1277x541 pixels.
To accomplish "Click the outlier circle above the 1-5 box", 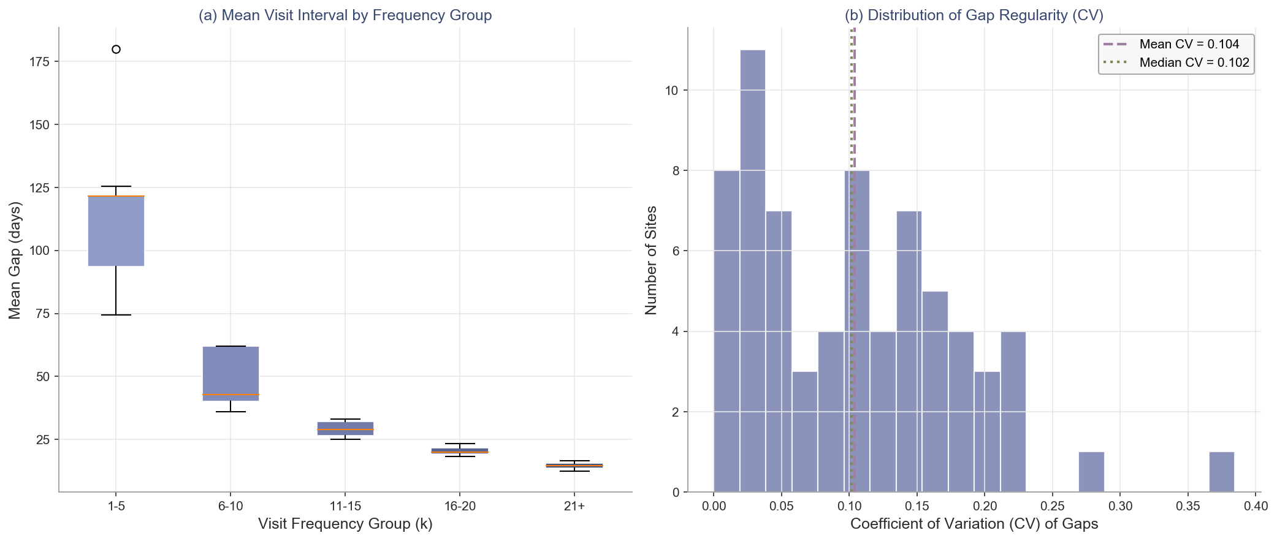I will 116,50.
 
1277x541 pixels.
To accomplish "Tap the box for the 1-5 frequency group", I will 116,231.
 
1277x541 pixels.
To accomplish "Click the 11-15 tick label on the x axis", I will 345,506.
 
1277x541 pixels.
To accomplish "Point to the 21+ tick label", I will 574,506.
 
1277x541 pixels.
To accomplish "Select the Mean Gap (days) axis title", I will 15,260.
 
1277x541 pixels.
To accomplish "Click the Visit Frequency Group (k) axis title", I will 345,524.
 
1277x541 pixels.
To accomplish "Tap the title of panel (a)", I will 345,15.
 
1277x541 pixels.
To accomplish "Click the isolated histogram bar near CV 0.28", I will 1091,472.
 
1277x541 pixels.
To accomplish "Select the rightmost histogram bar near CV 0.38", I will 1221,472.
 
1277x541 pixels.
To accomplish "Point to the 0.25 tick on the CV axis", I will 1053,506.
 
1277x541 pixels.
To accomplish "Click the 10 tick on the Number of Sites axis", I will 672,91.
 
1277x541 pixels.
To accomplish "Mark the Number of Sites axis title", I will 652,260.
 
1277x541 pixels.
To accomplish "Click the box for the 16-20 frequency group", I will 460,450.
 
